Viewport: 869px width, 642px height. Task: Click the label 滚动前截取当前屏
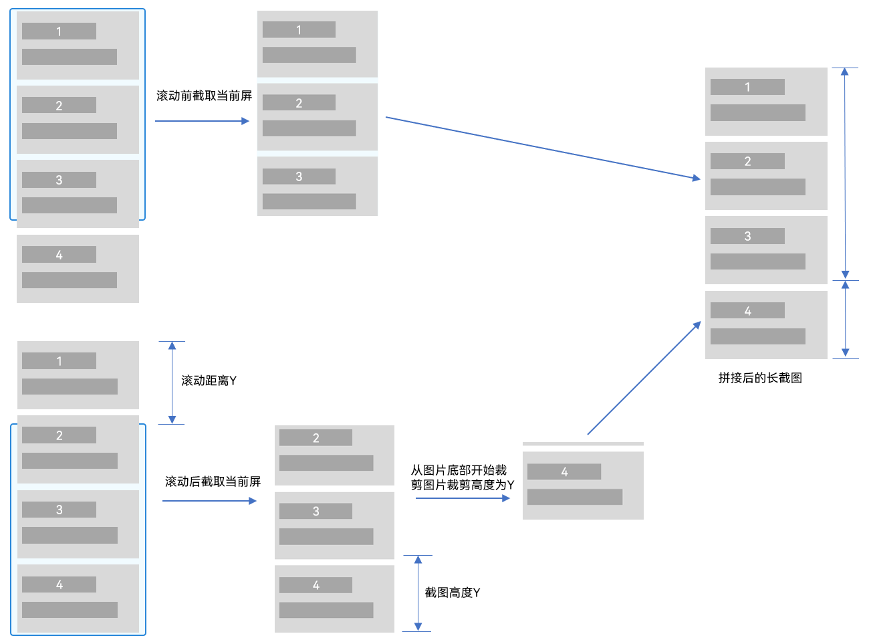click(x=204, y=96)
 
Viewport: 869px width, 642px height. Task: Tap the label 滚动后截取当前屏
click(x=213, y=481)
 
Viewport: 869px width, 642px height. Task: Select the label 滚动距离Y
click(x=209, y=381)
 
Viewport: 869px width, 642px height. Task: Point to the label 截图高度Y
click(x=453, y=593)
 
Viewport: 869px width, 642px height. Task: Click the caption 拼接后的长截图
click(x=760, y=378)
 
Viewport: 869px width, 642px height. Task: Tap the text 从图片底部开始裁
click(x=459, y=470)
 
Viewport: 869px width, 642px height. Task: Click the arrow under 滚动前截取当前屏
click(x=201, y=121)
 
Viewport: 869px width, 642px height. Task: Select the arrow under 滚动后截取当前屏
click(x=209, y=501)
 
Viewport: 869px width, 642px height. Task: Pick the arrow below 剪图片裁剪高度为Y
click(x=462, y=498)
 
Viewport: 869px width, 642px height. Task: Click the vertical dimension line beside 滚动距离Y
click(x=172, y=383)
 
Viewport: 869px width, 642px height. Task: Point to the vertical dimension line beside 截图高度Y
click(x=418, y=593)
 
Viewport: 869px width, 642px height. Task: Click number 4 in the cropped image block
click(x=564, y=472)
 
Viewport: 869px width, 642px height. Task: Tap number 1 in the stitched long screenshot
click(x=747, y=87)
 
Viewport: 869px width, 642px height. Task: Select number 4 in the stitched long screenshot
click(x=747, y=311)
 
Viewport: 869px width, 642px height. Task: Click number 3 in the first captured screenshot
click(x=299, y=177)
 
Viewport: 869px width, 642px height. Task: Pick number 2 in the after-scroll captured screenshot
click(x=316, y=438)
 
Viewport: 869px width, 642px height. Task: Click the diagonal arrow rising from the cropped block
click(x=644, y=379)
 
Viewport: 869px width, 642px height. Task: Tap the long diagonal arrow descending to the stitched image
click(x=541, y=147)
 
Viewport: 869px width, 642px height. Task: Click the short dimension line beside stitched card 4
click(x=845, y=319)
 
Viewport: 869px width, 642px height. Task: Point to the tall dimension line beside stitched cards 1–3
click(x=845, y=173)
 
